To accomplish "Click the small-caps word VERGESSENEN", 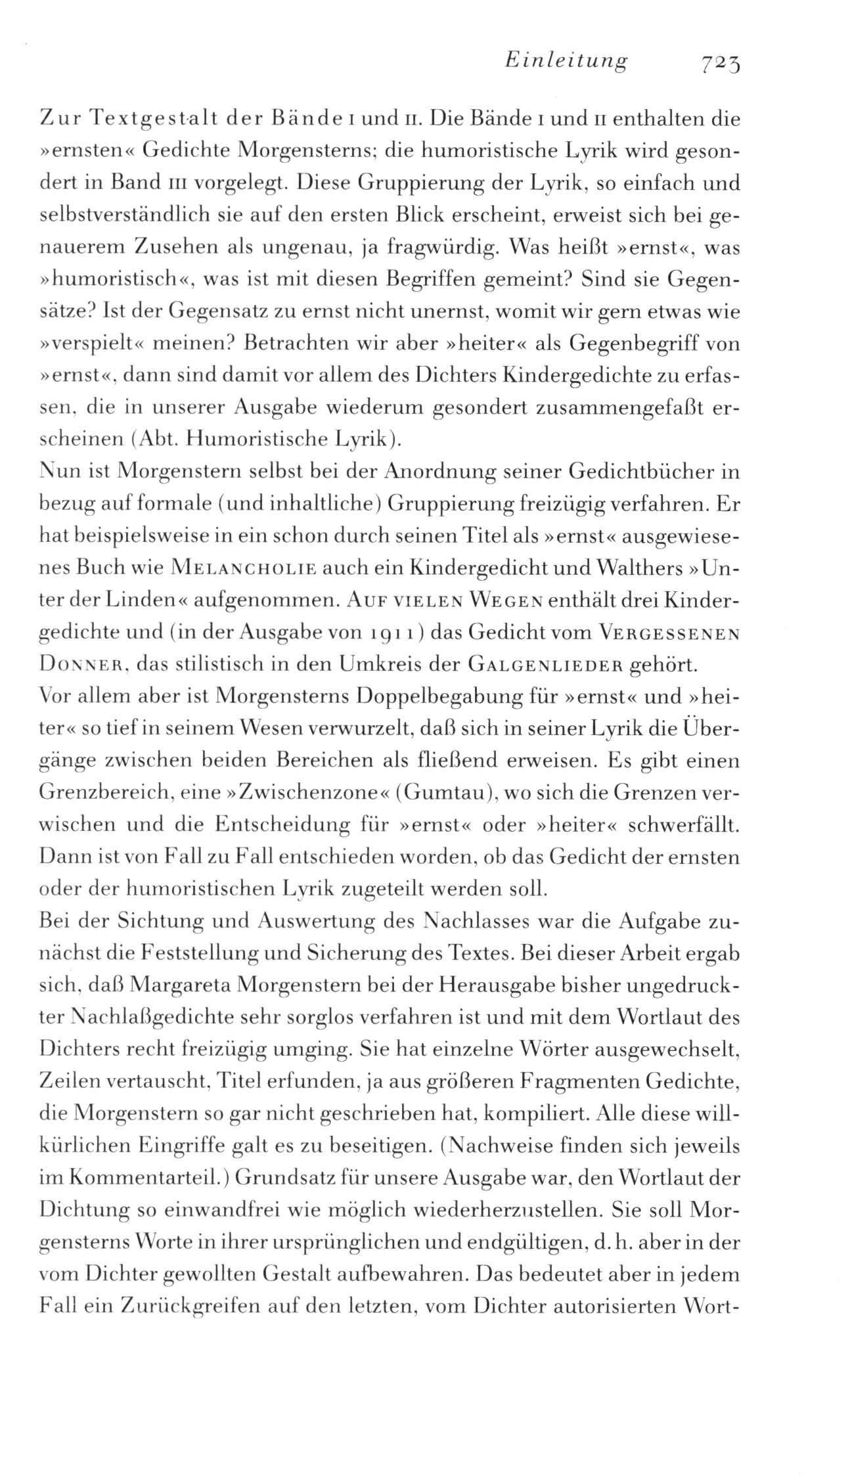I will point(670,634).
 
